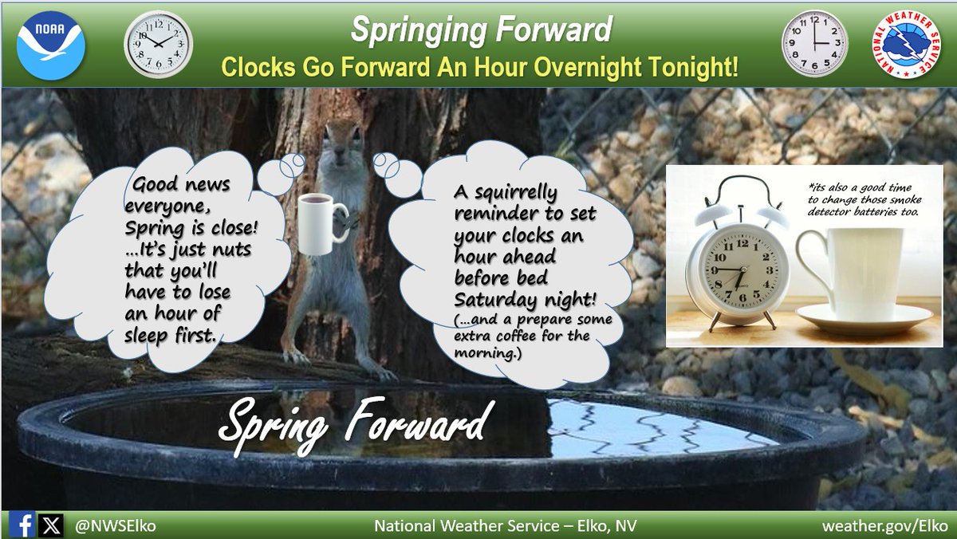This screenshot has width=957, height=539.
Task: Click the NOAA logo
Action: pyautogui.click(x=50, y=45)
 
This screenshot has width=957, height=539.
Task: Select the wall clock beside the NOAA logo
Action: pyautogui.click(x=159, y=44)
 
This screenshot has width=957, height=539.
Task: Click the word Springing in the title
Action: pyautogui.click(x=414, y=30)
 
